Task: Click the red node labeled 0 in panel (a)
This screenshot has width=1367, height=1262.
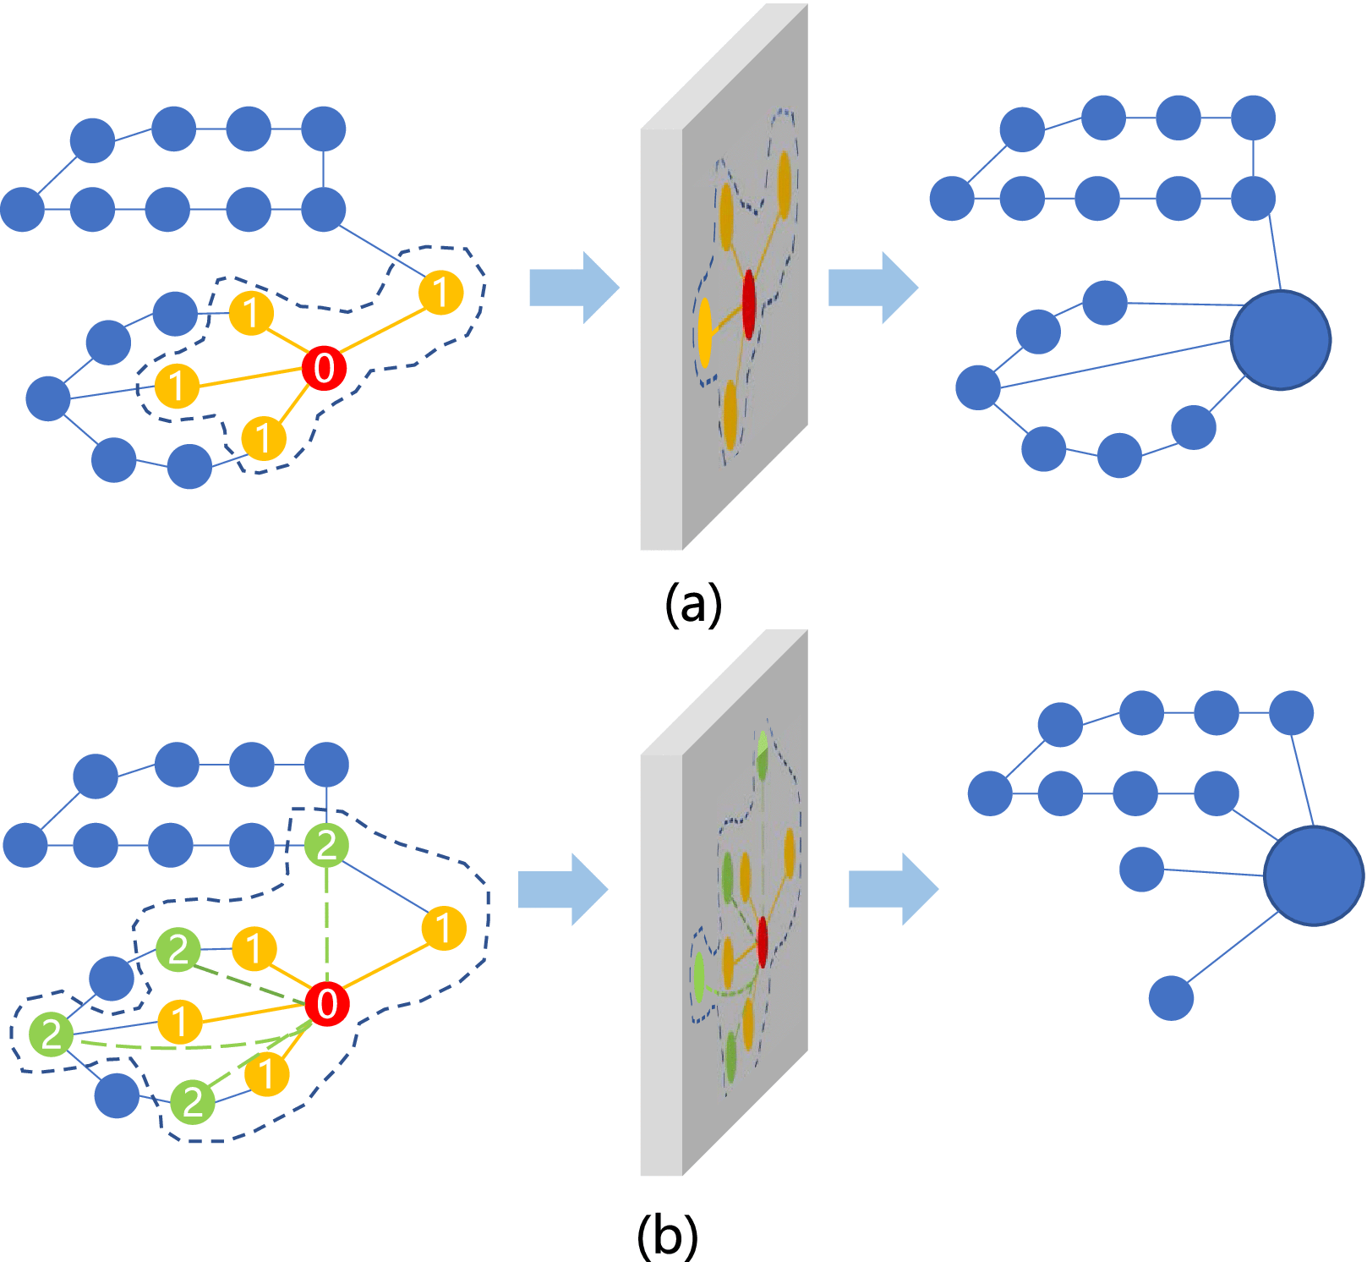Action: coord(324,368)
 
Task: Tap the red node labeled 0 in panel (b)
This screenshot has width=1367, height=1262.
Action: coord(327,1004)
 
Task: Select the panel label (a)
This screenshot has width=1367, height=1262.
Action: coord(693,604)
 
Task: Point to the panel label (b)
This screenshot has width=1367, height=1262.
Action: coord(667,1236)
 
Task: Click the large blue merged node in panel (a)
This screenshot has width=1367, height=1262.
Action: coord(1281,340)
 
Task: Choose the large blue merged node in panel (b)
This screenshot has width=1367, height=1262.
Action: coord(1313,875)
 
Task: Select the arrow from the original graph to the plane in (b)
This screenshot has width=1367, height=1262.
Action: coord(562,889)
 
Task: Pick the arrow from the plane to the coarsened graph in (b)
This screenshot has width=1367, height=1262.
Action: coord(893,889)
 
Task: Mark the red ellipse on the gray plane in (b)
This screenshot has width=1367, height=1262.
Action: coord(763,941)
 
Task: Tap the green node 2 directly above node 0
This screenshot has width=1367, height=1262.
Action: coord(326,844)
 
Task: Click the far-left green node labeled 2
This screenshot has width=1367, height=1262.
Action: coord(52,1034)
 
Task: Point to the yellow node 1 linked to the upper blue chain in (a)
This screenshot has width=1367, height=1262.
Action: coord(440,293)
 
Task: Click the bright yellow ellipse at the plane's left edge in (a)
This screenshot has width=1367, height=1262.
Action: coord(705,332)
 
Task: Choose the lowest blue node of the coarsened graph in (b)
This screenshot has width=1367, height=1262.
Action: coord(1171,998)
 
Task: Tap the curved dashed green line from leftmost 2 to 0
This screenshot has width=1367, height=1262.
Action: coord(186,1046)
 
